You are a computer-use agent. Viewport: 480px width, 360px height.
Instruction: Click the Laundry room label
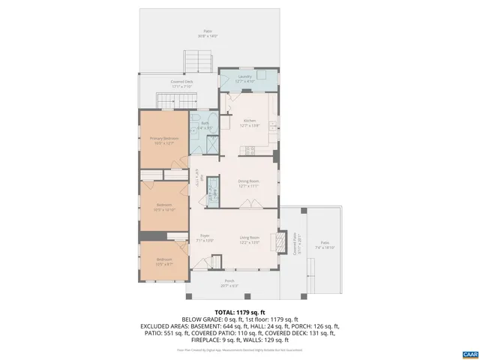[244, 76]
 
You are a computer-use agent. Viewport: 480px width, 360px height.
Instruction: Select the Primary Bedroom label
[163, 139]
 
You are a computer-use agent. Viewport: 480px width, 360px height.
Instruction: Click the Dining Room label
[248, 181]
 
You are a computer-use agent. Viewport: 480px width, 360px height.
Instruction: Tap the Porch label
[229, 281]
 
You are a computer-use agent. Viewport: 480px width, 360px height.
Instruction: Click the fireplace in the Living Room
[279, 242]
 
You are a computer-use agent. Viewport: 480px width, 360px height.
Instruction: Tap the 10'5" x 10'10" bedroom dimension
[164, 209]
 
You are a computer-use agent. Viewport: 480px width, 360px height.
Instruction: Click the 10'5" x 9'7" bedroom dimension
[164, 265]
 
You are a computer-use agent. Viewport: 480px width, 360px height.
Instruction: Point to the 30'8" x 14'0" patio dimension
[207, 36]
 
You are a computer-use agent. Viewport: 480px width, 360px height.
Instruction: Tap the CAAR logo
[469, 352]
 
